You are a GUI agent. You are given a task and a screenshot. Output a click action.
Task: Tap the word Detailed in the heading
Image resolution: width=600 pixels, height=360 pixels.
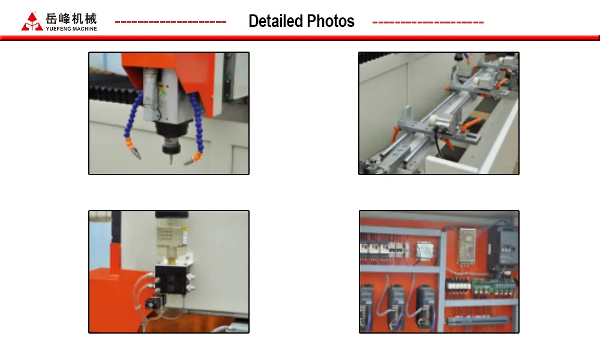[275, 21]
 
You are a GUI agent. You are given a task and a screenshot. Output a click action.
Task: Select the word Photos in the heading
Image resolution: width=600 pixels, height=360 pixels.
[331, 21]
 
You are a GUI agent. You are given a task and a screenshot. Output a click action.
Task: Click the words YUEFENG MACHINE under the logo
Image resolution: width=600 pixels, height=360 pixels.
[71, 29]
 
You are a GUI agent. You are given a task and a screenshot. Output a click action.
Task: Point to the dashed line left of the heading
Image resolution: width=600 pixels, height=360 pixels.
[170, 22]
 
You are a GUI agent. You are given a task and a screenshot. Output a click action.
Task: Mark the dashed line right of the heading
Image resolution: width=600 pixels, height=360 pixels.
[428, 22]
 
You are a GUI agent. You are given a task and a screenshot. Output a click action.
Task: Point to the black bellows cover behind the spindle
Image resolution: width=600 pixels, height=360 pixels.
[111, 93]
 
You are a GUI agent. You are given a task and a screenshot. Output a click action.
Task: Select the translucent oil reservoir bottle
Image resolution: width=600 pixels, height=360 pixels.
[170, 235]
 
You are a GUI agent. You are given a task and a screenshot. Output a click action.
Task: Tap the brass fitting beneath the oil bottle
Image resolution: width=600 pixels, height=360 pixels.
[172, 260]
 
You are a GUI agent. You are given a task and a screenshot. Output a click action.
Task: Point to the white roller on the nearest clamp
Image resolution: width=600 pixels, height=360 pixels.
[434, 120]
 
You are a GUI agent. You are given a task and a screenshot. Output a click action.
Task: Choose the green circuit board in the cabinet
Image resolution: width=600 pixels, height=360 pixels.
[493, 286]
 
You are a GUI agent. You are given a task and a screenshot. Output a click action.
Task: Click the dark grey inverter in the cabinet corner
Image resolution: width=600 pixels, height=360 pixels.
[503, 245]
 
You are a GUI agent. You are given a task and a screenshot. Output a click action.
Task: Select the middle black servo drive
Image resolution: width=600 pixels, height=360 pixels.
[397, 306]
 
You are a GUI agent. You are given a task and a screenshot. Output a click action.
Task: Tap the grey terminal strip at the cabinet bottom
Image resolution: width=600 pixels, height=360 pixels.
[478, 320]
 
